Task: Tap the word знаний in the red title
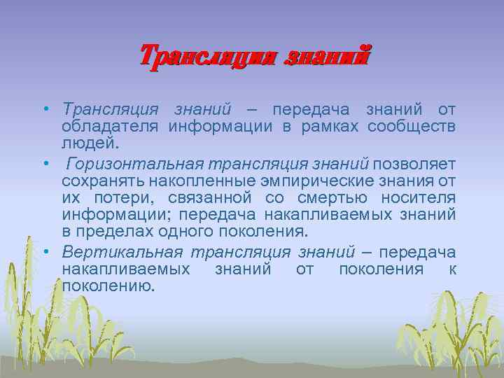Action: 327,55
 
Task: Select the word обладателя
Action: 111,127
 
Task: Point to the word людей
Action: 90,143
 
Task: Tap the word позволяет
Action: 414,164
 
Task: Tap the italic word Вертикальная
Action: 122,252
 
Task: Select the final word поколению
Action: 108,286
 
